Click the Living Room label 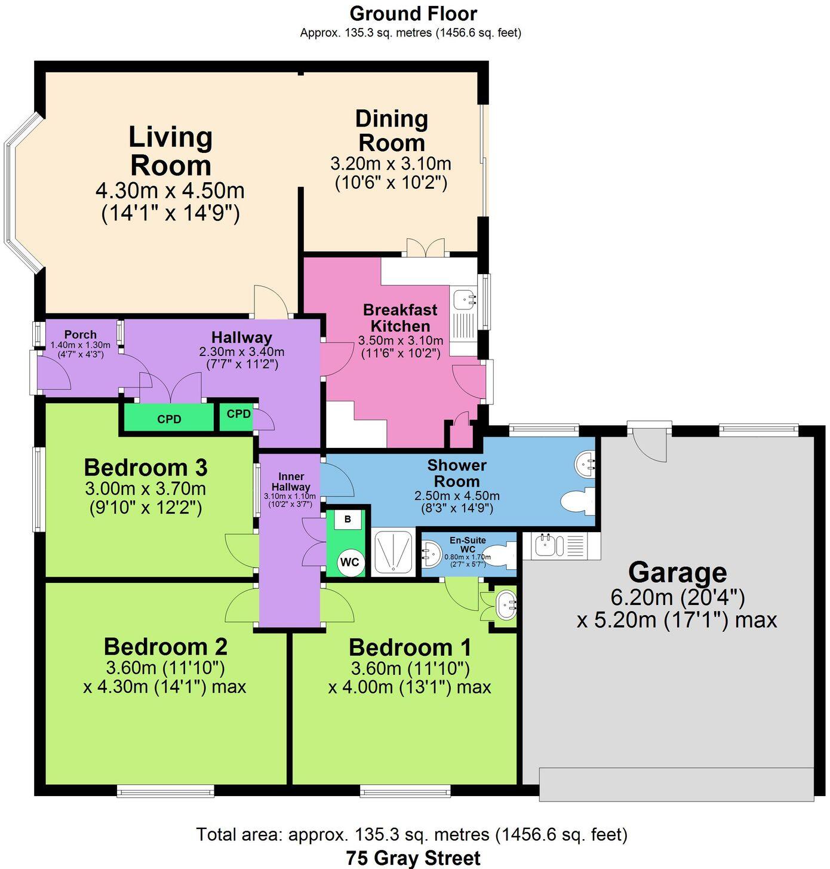pos(171,151)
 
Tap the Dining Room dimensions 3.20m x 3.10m pos(391,164)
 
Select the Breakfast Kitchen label pos(400,318)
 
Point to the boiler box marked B pos(347,519)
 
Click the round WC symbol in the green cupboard pos(349,562)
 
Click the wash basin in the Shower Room pos(585,463)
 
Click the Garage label pos(677,572)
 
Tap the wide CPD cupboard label pos(169,419)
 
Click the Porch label pos(80,334)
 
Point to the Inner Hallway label pos(291,481)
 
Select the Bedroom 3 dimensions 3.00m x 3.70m pos(145,489)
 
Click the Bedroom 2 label pos(165,647)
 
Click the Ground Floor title pos(413,13)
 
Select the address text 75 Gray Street pos(413,858)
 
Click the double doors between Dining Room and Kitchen pos(426,247)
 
